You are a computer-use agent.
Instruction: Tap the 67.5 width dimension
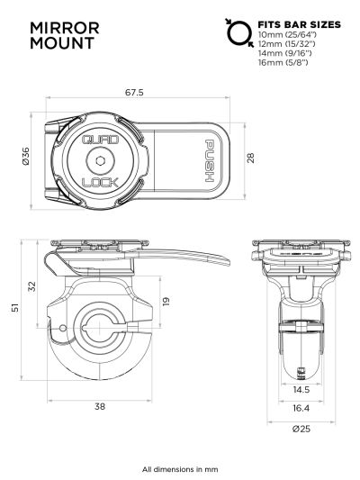click(x=136, y=92)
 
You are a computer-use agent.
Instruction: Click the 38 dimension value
click(x=99, y=406)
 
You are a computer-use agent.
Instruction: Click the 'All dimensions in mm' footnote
click(x=180, y=469)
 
